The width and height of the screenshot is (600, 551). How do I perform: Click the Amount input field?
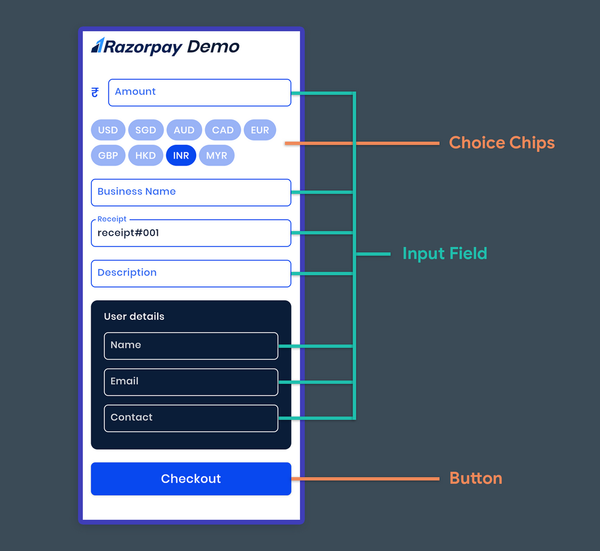pos(199,92)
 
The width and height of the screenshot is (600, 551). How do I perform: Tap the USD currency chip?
pos(108,130)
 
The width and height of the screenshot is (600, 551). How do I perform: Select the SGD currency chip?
pos(145,130)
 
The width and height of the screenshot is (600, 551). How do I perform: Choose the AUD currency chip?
pos(184,130)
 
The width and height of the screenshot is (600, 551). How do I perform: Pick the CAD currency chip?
pos(223,130)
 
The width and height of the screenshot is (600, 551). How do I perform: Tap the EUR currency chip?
pos(260,130)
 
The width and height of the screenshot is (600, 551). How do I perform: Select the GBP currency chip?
pos(108,155)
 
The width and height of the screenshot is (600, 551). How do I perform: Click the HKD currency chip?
pos(145,155)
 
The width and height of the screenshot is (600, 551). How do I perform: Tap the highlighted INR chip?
pos(181,155)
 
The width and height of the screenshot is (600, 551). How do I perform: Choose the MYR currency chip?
pos(217,155)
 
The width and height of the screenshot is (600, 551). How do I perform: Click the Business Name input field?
pos(191,192)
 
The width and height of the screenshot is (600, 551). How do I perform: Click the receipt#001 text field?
pos(191,233)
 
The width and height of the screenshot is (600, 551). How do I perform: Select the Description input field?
pos(191,273)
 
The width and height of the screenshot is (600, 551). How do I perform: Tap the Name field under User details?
pos(191,346)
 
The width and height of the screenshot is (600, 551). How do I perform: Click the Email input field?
pos(191,382)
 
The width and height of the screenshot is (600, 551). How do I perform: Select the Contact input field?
pos(191,418)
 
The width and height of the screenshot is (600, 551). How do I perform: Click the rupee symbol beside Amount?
pos(95,92)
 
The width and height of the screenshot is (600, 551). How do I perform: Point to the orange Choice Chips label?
pos(502,143)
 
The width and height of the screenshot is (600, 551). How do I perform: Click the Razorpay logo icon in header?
pos(98,46)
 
